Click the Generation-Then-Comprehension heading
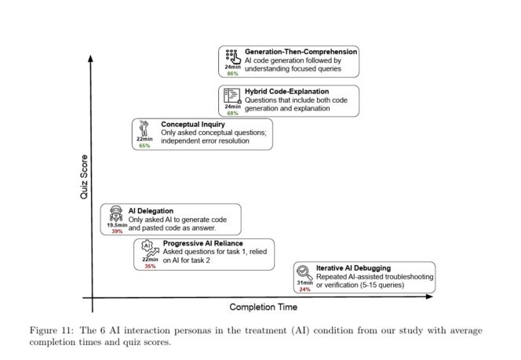(301, 52)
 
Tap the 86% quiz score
(232, 73)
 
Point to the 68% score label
(232, 113)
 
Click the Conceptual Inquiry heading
(193, 124)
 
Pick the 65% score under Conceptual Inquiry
(144, 146)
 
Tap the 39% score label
(116, 231)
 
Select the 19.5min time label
(117, 224)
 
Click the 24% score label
(304, 289)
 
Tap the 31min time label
(304, 282)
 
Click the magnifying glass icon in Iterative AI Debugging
(304, 271)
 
